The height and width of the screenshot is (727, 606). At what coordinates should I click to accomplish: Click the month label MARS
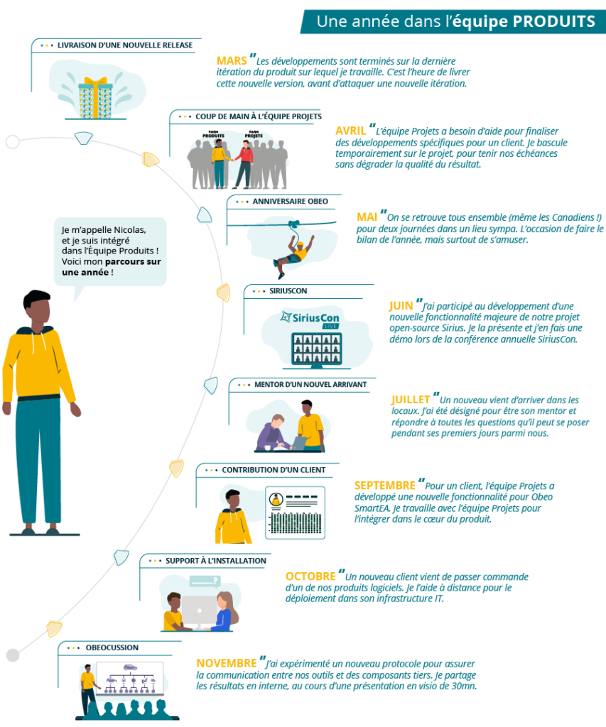pyautogui.click(x=232, y=61)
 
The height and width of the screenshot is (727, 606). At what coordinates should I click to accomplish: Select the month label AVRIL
pyautogui.click(x=350, y=131)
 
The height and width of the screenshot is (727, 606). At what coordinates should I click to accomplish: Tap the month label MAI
pyautogui.click(x=367, y=217)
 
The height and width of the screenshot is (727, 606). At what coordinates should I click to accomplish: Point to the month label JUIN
pyautogui.click(x=402, y=306)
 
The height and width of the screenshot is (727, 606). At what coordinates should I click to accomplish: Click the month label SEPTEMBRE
pyautogui.click(x=384, y=486)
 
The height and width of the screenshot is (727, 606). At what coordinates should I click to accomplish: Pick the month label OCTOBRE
pyautogui.click(x=310, y=576)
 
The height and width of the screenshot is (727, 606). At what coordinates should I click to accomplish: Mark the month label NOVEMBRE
pyautogui.click(x=227, y=663)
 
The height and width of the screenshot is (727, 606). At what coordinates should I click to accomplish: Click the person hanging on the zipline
pyautogui.click(x=292, y=250)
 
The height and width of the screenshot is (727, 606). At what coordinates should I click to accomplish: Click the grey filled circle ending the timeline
pyautogui.click(x=12, y=655)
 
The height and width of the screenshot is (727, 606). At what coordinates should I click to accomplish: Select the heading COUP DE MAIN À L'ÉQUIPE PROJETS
pyautogui.click(x=259, y=116)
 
